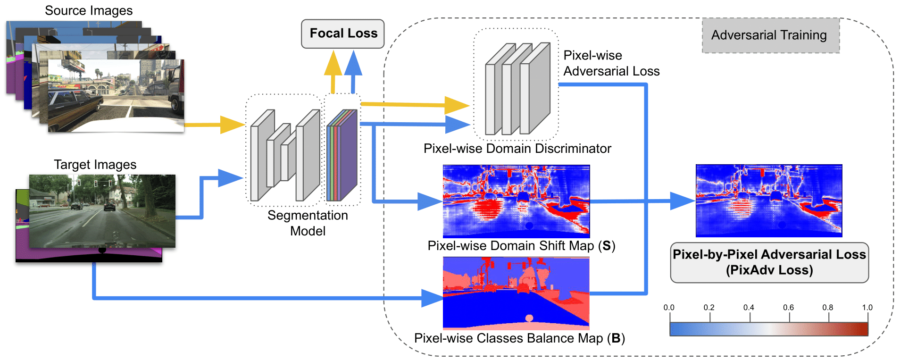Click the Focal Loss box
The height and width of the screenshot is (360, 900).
[343, 33]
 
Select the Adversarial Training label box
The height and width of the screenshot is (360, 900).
[770, 35]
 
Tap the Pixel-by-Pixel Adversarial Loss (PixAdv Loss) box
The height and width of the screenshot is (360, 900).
[769, 262]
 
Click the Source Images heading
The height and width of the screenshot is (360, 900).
[89, 10]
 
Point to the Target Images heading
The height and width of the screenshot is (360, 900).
[95, 164]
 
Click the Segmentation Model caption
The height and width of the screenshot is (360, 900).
[308, 223]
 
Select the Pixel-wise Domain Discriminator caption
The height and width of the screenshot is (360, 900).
[517, 149]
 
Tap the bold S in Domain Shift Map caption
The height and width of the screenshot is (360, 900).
[607, 246]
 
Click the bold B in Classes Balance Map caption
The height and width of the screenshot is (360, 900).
[616, 338]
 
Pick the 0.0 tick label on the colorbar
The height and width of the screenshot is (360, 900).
[669, 308]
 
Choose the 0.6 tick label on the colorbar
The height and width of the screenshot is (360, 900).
[788, 308]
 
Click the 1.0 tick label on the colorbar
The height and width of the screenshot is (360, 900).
[867, 308]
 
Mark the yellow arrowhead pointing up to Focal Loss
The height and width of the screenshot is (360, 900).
[333, 64]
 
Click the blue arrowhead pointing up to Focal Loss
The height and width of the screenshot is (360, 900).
[353, 64]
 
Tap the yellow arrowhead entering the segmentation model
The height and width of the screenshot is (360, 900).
[232, 125]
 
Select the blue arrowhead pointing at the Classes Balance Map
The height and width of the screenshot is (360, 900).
[431, 298]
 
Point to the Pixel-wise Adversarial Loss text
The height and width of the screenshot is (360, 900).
[611, 63]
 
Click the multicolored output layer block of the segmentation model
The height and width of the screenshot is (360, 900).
[342, 155]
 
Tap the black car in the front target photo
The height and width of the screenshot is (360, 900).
[109, 206]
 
